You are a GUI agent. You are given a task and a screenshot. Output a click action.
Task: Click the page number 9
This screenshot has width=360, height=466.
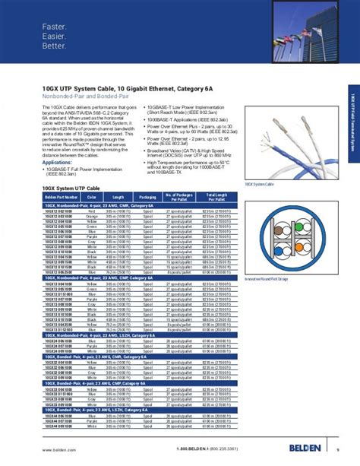[337, 449]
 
